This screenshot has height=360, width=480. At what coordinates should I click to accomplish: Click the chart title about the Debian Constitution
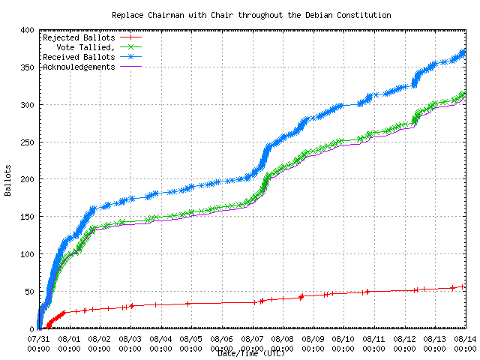(251, 15)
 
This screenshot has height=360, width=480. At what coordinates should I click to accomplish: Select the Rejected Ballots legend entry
(79, 37)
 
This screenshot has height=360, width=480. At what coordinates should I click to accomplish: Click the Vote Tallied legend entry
(86, 46)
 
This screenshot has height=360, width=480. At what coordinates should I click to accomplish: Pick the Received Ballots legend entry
(79, 56)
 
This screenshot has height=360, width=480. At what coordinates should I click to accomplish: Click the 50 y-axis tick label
(27, 292)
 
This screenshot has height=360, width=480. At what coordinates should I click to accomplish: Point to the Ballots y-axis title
(7, 180)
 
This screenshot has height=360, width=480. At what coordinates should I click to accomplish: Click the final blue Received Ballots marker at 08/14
(464, 52)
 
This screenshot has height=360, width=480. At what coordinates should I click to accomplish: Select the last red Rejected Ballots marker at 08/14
(463, 286)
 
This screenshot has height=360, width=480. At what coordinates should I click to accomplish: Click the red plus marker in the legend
(130, 37)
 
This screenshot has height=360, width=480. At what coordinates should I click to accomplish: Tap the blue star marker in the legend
(130, 56)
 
